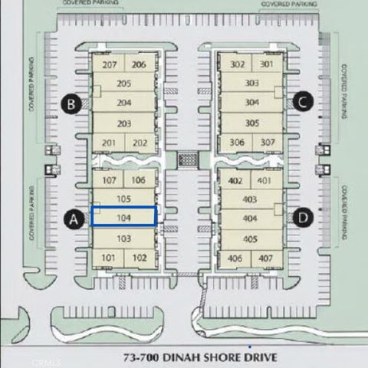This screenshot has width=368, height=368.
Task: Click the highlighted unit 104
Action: [123, 216]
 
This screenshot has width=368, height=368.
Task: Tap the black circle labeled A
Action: [74, 219]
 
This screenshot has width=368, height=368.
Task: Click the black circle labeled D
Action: [303, 218]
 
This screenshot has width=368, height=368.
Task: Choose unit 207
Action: [109, 65]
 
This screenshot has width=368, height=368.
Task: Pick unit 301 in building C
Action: [266, 65]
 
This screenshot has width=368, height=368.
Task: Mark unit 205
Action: [124, 84]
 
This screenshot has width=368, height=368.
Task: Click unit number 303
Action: [251, 83]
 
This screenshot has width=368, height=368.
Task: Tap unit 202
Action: [140, 143]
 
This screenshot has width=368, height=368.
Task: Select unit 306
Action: [237, 143]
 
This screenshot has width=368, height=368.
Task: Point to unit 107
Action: [109, 181]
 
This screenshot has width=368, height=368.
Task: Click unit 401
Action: [264, 181]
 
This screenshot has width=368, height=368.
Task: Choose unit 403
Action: [249, 199]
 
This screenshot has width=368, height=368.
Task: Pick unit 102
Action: [139, 258]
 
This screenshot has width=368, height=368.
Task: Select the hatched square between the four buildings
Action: [187, 159]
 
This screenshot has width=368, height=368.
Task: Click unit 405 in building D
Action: [249, 238]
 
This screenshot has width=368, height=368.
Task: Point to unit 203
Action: [124, 123]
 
